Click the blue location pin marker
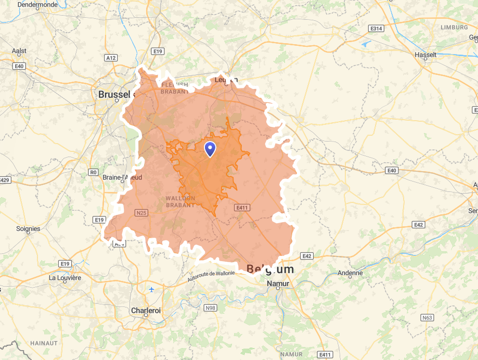pos(210,149)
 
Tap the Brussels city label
pos(114,95)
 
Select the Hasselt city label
pos(425,55)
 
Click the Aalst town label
pos(19,51)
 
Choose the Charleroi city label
pos(146,311)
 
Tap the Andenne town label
pos(350,273)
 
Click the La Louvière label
pos(65,278)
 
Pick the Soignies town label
pos(28,228)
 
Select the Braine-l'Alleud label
pos(122,177)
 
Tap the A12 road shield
pos(111,58)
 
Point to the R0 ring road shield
pos(94,172)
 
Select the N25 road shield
pos(141,212)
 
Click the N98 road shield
pos(210,308)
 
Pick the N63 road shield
pos(427,317)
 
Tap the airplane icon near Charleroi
pos(151,289)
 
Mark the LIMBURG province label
pos(454,27)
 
